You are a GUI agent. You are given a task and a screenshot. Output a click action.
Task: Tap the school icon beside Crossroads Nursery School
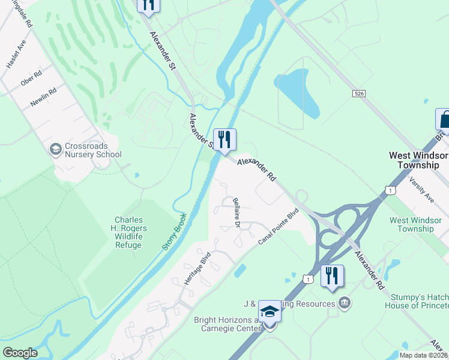click(x=56, y=149)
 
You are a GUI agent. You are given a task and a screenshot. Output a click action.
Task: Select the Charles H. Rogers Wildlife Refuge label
click(x=128, y=232)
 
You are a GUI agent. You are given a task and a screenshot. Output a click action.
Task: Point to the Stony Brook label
click(x=174, y=231)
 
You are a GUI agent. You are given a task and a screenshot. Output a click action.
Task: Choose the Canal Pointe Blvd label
click(x=279, y=226)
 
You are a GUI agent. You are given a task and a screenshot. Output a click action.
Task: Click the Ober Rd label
click(x=31, y=78)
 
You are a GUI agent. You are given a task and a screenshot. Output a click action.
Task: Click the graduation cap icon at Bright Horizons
click(x=270, y=312)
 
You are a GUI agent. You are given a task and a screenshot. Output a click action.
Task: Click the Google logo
click(x=20, y=352)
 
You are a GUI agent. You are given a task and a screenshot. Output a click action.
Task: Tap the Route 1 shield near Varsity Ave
click(x=391, y=190)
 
